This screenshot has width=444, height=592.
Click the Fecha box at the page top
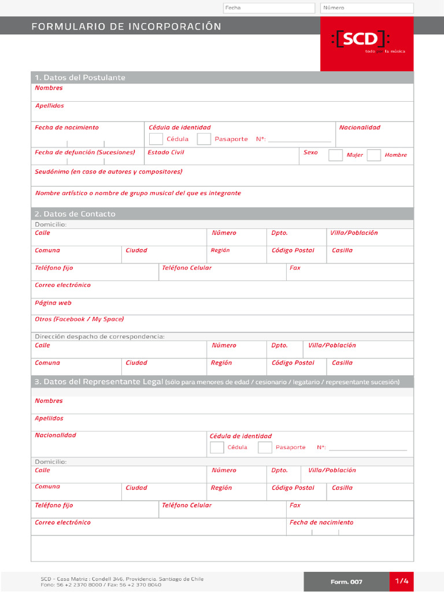click(x=269, y=8)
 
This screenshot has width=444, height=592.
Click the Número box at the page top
click(x=367, y=8)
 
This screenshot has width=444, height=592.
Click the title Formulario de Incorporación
click(x=126, y=27)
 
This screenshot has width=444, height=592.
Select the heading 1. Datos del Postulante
click(x=80, y=77)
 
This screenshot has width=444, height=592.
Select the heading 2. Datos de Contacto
click(x=75, y=214)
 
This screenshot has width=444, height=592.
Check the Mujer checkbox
click(x=335, y=155)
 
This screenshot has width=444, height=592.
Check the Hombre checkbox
click(x=374, y=155)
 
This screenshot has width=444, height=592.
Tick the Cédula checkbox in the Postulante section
click(x=156, y=139)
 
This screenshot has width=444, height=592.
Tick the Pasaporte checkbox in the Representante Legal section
click(x=265, y=447)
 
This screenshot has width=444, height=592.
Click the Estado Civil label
click(x=166, y=153)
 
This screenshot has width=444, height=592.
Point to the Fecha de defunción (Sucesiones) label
click(x=85, y=153)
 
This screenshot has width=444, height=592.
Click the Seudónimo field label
click(x=109, y=172)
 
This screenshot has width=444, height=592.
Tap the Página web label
click(x=53, y=303)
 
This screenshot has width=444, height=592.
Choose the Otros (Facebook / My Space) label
click(x=79, y=319)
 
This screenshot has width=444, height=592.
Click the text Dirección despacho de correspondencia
click(x=99, y=336)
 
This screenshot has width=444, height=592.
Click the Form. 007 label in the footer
click(x=347, y=582)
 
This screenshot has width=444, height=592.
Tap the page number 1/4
click(x=402, y=581)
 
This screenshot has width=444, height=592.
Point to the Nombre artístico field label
click(x=138, y=193)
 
